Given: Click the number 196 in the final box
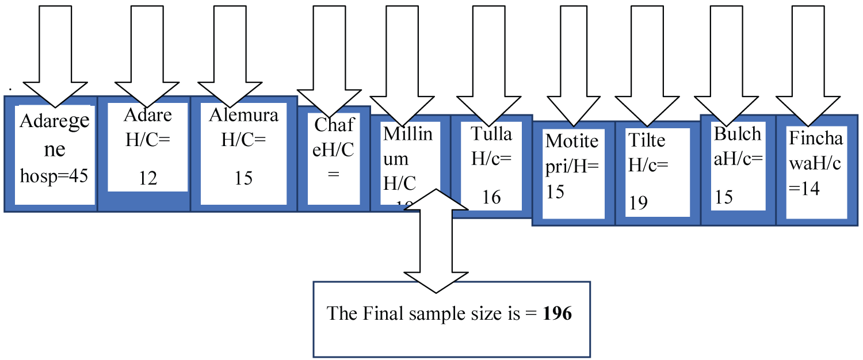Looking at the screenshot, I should click(557, 313).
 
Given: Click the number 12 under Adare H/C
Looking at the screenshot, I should click(148, 178).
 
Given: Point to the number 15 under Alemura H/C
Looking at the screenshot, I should click(243, 178).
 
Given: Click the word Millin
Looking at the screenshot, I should click(408, 133).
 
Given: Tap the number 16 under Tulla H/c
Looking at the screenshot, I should click(491, 197).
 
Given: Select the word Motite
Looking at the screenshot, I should click(572, 140).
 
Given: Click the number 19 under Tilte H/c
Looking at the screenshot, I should click(638, 202).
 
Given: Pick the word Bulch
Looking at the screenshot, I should click(738, 133).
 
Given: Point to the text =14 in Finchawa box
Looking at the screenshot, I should click(804, 189).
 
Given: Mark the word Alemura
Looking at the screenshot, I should click(243, 115).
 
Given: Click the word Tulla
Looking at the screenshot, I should click(491, 133).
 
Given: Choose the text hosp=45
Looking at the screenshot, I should click(54, 176).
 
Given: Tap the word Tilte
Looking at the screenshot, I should click(647, 140).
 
